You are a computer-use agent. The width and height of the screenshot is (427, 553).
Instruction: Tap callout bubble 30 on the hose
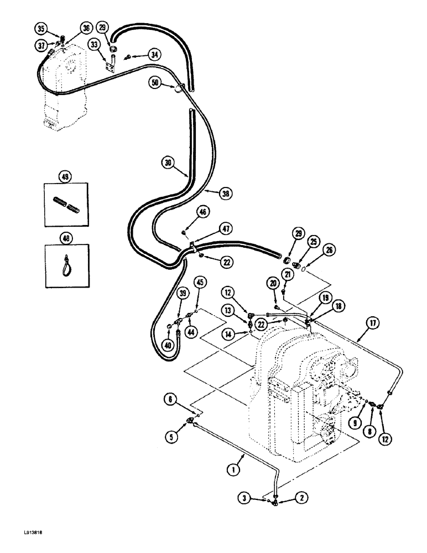coord(168,163)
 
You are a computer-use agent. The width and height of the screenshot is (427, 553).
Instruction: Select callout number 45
coord(200,283)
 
